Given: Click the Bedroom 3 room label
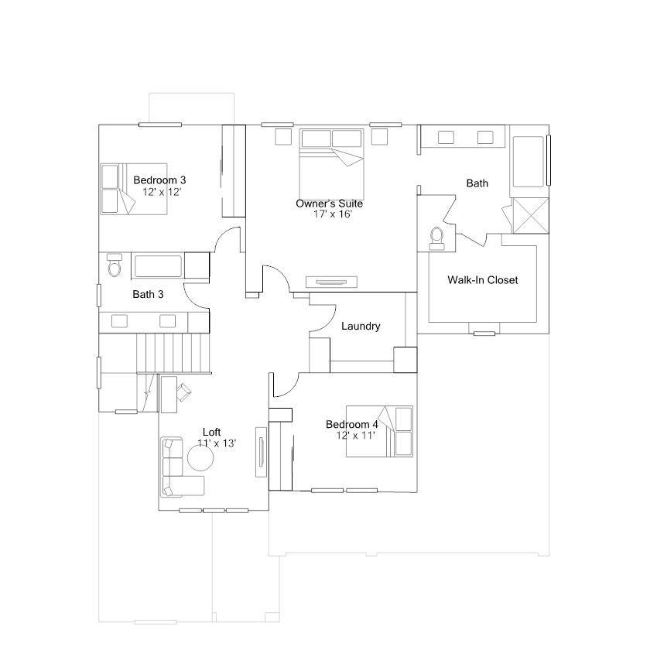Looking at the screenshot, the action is pyautogui.click(x=159, y=180).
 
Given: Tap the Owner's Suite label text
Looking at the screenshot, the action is pyautogui.click(x=330, y=204).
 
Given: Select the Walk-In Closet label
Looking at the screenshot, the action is pyautogui.click(x=483, y=280).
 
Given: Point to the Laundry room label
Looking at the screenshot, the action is pyautogui.click(x=361, y=326).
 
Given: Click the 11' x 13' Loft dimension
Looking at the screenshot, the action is pyautogui.click(x=217, y=443).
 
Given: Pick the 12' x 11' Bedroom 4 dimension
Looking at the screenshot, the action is pyautogui.click(x=355, y=436).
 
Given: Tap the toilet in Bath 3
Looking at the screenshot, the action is pyautogui.click(x=114, y=265).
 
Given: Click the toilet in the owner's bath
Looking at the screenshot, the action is pyautogui.click(x=436, y=239).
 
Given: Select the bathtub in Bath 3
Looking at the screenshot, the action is pyautogui.click(x=158, y=266).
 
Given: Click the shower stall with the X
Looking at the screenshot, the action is pyautogui.click(x=530, y=215).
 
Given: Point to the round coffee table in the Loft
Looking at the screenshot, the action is pyautogui.click(x=200, y=457).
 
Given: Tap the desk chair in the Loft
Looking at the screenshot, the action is pyautogui.click(x=184, y=392).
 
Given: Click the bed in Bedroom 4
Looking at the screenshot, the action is pyautogui.click(x=379, y=431).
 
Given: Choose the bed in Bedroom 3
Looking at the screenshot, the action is pyautogui.click(x=134, y=189).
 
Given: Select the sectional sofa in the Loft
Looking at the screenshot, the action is pyautogui.click(x=178, y=467).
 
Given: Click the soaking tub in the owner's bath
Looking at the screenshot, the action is pyautogui.click(x=529, y=161).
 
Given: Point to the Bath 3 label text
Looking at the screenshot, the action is pyautogui.click(x=148, y=294).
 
